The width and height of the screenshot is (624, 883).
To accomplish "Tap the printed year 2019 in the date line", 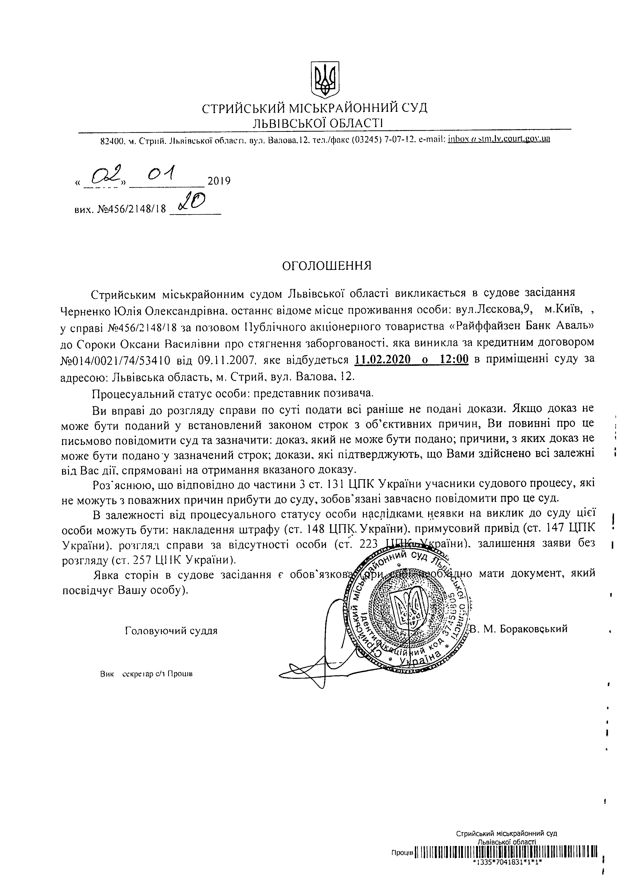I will (x=219, y=181).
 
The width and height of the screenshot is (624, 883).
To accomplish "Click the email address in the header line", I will (x=499, y=139).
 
